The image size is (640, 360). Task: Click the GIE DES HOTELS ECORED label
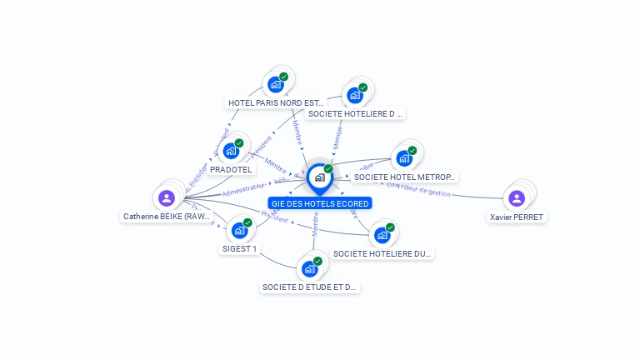pyautogui.click(x=320, y=203)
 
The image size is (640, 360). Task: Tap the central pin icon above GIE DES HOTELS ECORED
pyautogui.click(x=319, y=177)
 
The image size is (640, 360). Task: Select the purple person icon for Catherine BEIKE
pyautogui.click(x=167, y=198)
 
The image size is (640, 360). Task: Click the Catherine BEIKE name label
pyautogui.click(x=167, y=217)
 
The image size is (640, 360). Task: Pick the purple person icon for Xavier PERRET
pyautogui.click(x=517, y=198)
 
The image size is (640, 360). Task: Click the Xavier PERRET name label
pyautogui.click(x=517, y=217)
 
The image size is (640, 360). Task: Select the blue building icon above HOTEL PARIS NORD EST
pyautogui.click(x=275, y=84)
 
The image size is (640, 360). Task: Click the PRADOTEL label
pyautogui.click(x=231, y=170)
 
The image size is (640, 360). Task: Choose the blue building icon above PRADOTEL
pyautogui.click(x=230, y=151)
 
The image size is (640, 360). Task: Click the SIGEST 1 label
pyautogui.click(x=240, y=248)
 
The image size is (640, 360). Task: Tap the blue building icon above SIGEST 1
pyautogui.click(x=240, y=230)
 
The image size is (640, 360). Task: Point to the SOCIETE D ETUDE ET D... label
pyautogui.click(x=310, y=287)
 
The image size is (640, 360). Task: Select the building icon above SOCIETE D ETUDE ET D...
pyautogui.click(x=309, y=269)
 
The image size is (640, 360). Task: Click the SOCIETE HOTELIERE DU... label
pyautogui.click(x=382, y=253)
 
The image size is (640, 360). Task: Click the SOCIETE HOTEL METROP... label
pyautogui.click(x=405, y=177)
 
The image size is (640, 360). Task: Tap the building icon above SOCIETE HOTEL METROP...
pyautogui.click(x=404, y=158)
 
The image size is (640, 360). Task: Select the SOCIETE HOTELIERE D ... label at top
pyautogui.click(x=355, y=113)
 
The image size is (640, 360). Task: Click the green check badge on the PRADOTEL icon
pyautogui.click(x=239, y=143)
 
